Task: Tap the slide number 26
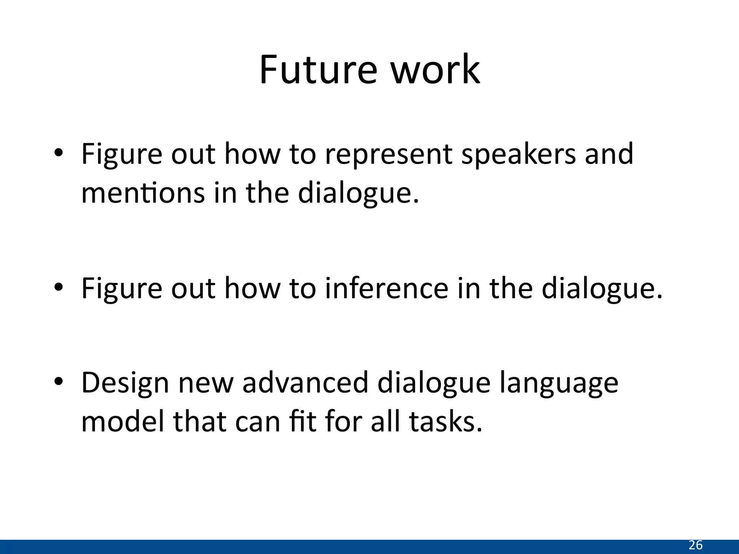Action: tap(695, 545)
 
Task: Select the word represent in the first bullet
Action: tap(389, 154)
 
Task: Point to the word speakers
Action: tap(519, 154)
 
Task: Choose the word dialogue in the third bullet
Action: tap(434, 383)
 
